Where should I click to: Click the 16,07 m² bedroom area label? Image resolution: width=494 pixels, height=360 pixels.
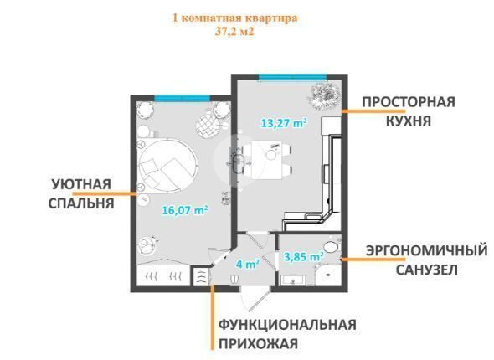pyautogui.click(x=185, y=210)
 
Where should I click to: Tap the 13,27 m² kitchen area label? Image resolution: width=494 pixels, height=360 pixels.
pyautogui.click(x=284, y=123)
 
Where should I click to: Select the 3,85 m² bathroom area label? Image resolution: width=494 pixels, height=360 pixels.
pyautogui.click(x=304, y=257)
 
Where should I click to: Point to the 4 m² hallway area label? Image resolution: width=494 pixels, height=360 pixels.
pyautogui.click(x=248, y=264)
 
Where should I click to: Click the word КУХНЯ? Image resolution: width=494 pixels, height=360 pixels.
pyautogui.click(x=409, y=121)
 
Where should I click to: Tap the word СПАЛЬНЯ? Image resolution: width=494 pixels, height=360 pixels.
pyautogui.click(x=81, y=203)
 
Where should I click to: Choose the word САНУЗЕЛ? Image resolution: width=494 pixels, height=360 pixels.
pyautogui.click(x=426, y=270)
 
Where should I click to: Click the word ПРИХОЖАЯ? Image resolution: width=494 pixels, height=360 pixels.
pyautogui.click(x=259, y=343)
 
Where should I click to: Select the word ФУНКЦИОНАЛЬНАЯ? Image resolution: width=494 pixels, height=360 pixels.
pyautogui.click(x=287, y=324)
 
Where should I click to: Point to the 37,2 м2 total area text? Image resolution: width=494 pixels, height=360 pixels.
pyautogui.click(x=234, y=32)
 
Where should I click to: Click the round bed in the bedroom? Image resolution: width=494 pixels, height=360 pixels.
pyautogui.click(x=168, y=165)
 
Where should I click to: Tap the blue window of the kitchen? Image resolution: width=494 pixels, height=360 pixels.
pyautogui.click(x=292, y=77)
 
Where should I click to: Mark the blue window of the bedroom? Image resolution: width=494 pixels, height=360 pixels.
pyautogui.click(x=182, y=98)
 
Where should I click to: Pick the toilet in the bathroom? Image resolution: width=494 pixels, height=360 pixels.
pyautogui.click(x=330, y=246)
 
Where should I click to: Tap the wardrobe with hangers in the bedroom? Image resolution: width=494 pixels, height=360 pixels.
pyautogui.click(x=163, y=275)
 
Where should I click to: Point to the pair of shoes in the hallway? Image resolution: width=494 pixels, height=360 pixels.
pyautogui.click(x=234, y=280)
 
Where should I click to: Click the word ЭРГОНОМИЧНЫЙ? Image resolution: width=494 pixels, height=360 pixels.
pyautogui.click(x=426, y=251)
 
